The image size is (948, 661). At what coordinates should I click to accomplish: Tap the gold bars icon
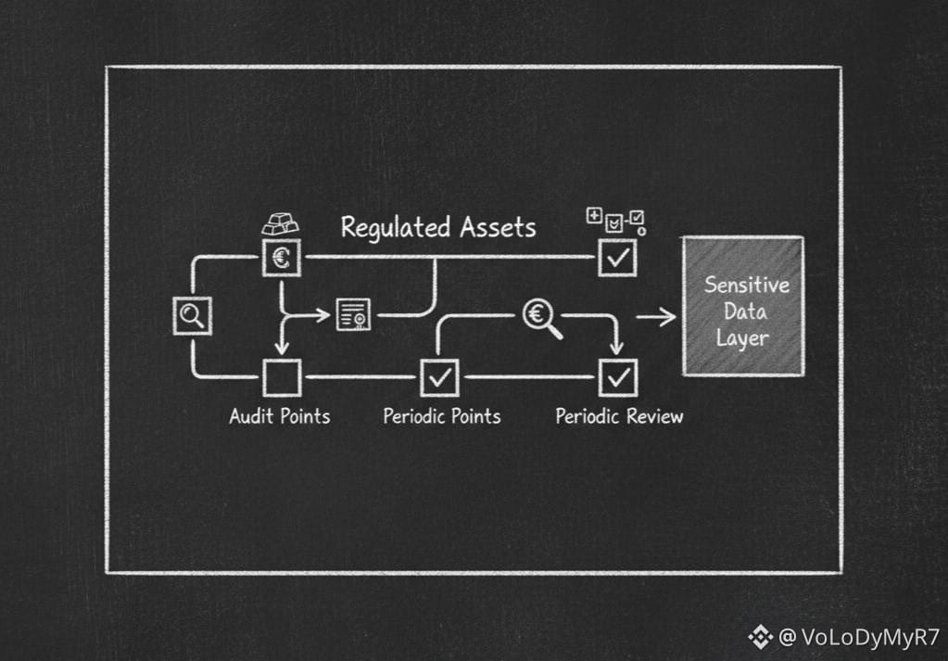point(280,223)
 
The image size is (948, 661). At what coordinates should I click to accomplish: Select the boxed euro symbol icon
point(281,257)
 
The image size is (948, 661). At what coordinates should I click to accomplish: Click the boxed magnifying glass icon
point(193,316)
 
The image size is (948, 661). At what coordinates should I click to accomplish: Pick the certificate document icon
point(352,315)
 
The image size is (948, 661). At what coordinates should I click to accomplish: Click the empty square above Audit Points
point(281,377)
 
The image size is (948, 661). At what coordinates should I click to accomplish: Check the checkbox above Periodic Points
point(439,377)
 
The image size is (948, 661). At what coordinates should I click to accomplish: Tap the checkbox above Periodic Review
point(617,377)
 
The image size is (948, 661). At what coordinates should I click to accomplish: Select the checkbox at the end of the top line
point(617,257)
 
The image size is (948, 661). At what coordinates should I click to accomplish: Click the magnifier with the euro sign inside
point(541,318)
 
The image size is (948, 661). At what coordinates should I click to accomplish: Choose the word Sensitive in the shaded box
point(746,285)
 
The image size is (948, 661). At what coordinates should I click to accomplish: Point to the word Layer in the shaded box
point(742,337)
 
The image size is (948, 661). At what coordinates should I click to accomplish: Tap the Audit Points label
point(280,415)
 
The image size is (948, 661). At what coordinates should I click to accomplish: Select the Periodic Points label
point(442,415)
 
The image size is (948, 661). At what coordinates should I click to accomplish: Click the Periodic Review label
point(619,415)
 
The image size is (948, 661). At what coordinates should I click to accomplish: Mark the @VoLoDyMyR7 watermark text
point(859,638)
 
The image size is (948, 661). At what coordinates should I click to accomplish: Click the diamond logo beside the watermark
point(761,637)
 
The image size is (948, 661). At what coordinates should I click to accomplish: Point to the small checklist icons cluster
point(616,221)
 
